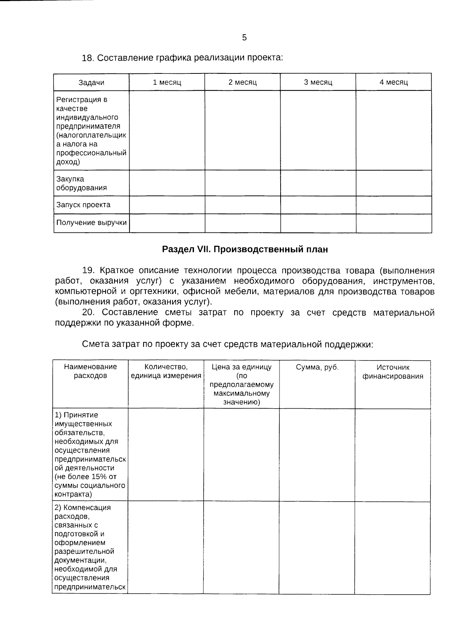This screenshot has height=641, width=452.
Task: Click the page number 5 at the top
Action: point(244,38)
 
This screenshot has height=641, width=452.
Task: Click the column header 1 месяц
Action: point(167,82)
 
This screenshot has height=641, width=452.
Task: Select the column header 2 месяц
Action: point(243,82)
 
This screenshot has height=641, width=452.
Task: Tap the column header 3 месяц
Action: point(318,82)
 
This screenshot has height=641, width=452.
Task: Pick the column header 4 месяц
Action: point(394,82)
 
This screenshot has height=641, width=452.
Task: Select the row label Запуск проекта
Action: point(83,205)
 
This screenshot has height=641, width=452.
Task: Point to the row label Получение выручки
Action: point(92,223)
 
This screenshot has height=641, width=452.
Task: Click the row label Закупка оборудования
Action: point(81,183)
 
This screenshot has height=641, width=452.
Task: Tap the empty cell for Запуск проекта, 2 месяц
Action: point(243,205)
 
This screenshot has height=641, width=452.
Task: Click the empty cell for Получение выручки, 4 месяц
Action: point(394,223)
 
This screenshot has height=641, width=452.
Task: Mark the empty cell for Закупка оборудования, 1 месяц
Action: point(167,183)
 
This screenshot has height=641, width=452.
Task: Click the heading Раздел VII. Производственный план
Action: point(245,249)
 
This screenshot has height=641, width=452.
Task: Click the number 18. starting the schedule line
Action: point(87,58)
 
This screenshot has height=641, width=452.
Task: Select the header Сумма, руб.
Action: point(317,368)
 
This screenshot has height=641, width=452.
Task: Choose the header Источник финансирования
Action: point(392,372)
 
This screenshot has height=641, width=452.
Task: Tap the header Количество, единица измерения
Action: point(166,371)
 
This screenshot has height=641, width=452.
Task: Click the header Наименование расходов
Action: point(90,371)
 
